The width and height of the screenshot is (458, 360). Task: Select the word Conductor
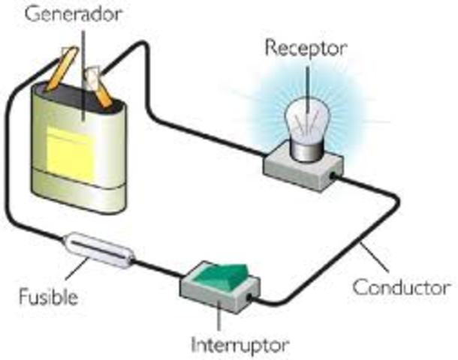pyautogui.click(x=402, y=287)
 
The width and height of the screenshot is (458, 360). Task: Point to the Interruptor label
pyautogui.click(x=240, y=346)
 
